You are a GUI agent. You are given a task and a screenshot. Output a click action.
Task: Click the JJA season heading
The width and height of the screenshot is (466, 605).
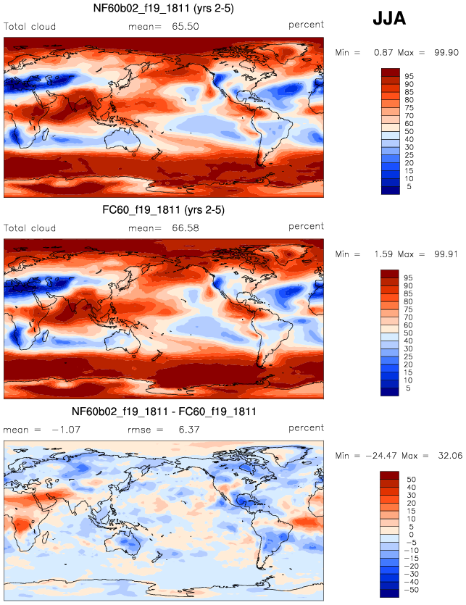[388, 20]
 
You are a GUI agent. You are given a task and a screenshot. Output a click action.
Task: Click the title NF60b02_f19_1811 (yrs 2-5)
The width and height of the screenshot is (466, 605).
[164, 9]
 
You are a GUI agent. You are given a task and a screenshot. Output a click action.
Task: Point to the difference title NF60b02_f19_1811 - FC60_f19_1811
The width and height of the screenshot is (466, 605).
[164, 412]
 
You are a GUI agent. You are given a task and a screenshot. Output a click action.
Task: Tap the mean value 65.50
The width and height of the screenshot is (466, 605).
[186, 27]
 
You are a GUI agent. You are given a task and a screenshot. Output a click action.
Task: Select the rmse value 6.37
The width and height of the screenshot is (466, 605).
[186, 430]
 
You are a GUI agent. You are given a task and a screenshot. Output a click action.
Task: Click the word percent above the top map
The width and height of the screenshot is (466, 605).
[306, 25]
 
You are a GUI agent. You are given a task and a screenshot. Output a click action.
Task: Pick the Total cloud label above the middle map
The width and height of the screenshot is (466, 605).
[30, 228]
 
